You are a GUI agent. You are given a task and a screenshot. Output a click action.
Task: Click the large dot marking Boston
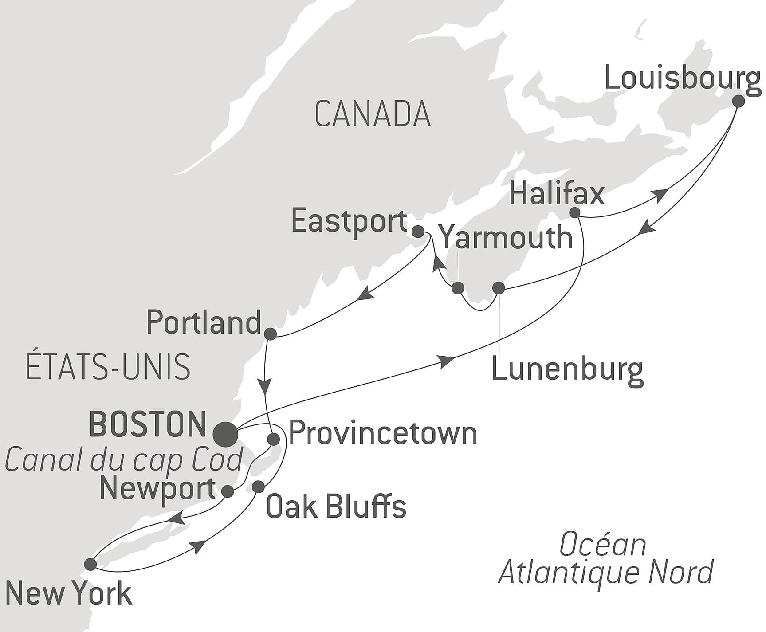pos(225,434)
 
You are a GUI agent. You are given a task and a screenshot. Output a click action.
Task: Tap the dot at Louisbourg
pos(738,101)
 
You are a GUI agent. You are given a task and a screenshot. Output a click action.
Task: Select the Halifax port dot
pos(574,212)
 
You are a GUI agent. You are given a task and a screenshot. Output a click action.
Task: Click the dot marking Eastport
pos(418,231)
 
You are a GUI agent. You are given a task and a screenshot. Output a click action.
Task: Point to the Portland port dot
pos(270,334)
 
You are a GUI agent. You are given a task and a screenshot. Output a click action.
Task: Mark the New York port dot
pos(90,564)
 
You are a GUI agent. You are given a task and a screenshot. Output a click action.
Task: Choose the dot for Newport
pos(228,491)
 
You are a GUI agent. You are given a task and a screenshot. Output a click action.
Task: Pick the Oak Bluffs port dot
pos(258,487)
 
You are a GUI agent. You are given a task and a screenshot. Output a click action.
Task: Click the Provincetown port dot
pos(274,439)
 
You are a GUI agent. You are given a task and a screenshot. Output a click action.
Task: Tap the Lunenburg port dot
pos(499,288)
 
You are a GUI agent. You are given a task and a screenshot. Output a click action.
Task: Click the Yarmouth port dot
pos(458,288)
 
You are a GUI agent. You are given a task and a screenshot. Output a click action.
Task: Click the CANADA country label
pos(373,114)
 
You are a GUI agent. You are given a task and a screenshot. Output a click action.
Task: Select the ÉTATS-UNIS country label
pos(108,367)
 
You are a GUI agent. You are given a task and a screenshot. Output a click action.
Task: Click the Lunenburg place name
pos(567,369)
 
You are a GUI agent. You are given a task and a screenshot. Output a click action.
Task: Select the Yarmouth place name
pos(507,238)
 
